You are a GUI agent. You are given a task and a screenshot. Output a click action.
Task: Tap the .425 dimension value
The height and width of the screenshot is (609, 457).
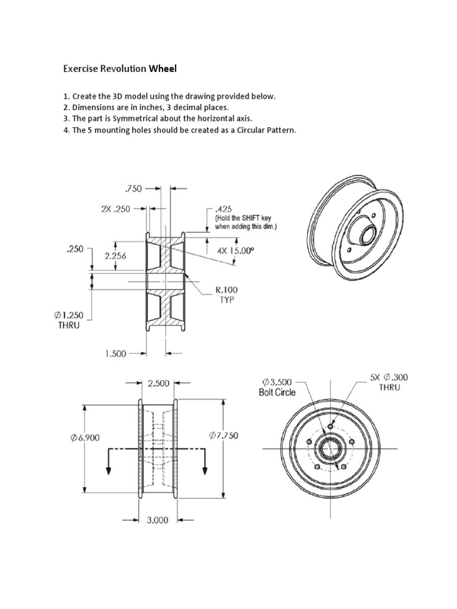point(223,210)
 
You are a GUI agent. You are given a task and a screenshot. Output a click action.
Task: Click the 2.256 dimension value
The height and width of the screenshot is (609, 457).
point(117,257)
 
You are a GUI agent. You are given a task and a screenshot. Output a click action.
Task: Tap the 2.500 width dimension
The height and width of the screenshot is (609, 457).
point(158,384)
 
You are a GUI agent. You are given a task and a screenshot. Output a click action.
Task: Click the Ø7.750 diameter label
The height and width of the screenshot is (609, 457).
point(224,436)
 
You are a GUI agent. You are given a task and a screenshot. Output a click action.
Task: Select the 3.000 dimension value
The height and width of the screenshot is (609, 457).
point(158,519)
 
